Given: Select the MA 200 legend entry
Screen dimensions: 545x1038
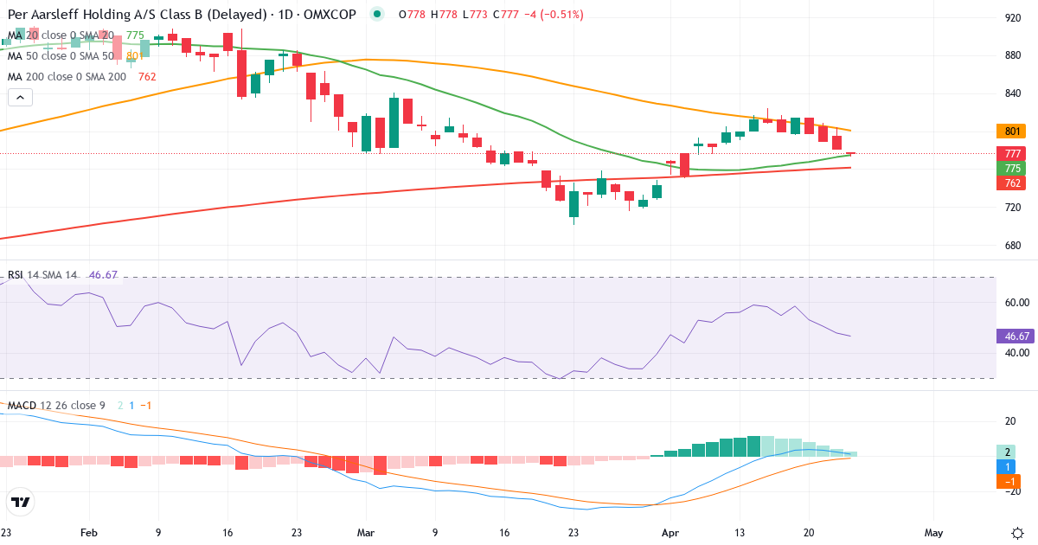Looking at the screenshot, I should [x=67, y=76].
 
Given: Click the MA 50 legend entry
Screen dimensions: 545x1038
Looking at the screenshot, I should [x=61, y=56].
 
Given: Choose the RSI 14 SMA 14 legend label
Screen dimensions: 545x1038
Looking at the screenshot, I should [x=43, y=275].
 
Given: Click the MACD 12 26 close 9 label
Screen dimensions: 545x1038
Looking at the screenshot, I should [x=57, y=406].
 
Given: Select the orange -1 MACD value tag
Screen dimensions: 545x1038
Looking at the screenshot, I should [x=1009, y=481].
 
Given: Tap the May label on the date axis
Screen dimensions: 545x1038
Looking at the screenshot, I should [x=933, y=533].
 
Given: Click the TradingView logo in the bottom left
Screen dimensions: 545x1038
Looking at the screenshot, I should [x=21, y=502].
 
